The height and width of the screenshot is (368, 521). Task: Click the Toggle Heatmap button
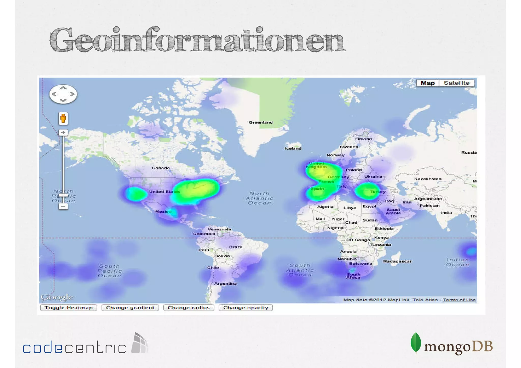pos(68,308)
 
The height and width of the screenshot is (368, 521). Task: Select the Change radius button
pos(189,308)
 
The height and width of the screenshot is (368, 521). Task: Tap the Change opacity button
pos(245,308)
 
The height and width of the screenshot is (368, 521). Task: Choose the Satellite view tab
pos(456,83)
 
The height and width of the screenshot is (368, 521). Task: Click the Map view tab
pos(428,83)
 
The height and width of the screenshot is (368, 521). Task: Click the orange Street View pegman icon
pos(63,119)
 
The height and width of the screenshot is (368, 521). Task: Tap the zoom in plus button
pos(63,133)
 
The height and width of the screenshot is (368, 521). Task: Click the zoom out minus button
pos(63,206)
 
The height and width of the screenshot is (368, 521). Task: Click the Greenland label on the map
pos(260,122)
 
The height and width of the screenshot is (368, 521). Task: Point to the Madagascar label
pos(397,261)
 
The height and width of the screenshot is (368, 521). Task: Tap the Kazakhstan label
pos(428,179)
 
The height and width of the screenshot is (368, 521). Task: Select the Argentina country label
pos(225,284)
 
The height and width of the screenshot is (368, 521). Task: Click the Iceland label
pos(293,148)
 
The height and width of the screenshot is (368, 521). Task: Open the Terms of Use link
pos(459,300)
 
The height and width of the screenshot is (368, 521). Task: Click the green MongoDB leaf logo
pos(416,343)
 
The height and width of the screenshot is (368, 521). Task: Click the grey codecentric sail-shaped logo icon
pos(140,343)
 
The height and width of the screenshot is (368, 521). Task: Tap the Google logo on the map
pos(57,297)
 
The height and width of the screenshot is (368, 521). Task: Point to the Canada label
pos(161,168)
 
